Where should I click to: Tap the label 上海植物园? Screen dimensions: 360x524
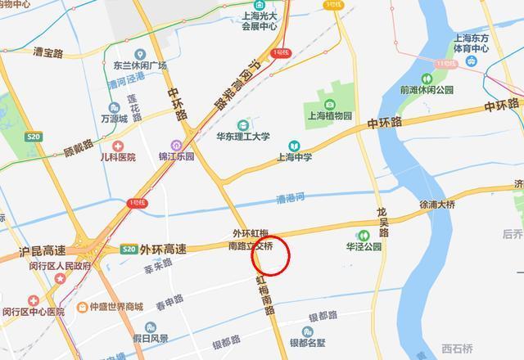pyautogui.click(x=329, y=116)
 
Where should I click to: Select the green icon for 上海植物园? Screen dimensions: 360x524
pyautogui.click(x=329, y=104)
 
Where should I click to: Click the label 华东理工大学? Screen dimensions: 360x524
pyautogui.click(x=243, y=137)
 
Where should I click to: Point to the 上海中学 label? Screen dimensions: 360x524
pyautogui.click(x=296, y=158)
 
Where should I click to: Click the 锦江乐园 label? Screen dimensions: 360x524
pyautogui.click(x=177, y=156)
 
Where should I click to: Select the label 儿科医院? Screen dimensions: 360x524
pyautogui.click(x=118, y=156)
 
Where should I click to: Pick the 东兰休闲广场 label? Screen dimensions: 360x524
pyautogui.click(x=140, y=65)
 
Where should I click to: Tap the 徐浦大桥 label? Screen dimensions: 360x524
pyautogui.click(x=437, y=205)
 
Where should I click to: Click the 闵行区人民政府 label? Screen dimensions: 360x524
pyautogui.click(x=61, y=266)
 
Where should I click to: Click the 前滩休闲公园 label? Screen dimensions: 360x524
pyautogui.click(x=426, y=91)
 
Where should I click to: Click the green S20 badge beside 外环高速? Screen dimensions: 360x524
pyautogui.click(x=128, y=249)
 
